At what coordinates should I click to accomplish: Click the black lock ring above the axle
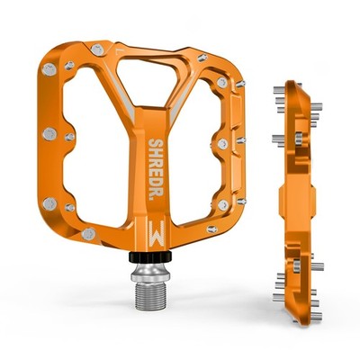click(150, 256)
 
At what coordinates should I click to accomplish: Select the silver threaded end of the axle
click(150, 296)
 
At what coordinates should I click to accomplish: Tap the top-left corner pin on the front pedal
click(49, 69)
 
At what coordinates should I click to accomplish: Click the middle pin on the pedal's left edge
click(49, 134)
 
